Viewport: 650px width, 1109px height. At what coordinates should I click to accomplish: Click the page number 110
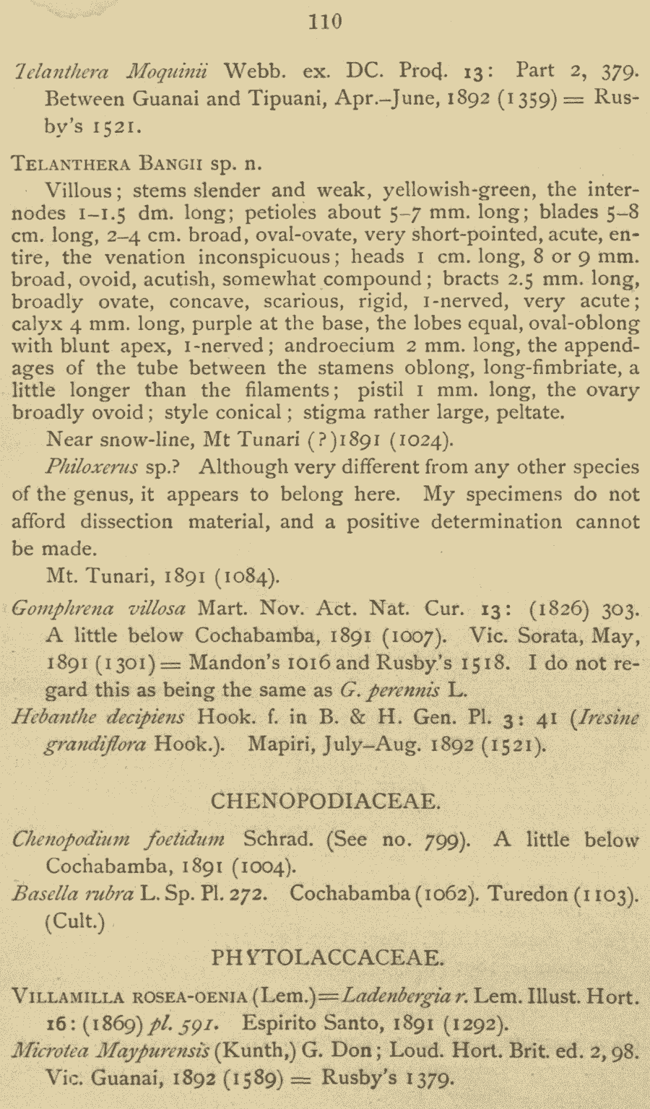coord(325,22)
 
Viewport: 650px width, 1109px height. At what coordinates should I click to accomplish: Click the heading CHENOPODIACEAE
coord(325,801)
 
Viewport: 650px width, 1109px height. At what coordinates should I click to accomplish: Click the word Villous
coord(79,191)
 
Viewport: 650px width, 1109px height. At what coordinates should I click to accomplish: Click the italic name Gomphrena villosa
coord(100,609)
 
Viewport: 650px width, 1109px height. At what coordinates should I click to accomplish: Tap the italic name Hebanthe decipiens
coord(99,717)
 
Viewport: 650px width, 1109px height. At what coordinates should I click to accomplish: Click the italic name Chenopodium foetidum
coord(118,840)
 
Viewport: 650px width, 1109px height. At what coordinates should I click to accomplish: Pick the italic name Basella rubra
coord(73,894)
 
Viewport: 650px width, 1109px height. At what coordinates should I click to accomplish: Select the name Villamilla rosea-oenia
coord(131,998)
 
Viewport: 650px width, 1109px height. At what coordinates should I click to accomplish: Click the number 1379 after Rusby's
coord(428,1079)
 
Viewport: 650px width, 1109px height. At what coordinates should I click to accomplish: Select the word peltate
coord(528,413)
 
